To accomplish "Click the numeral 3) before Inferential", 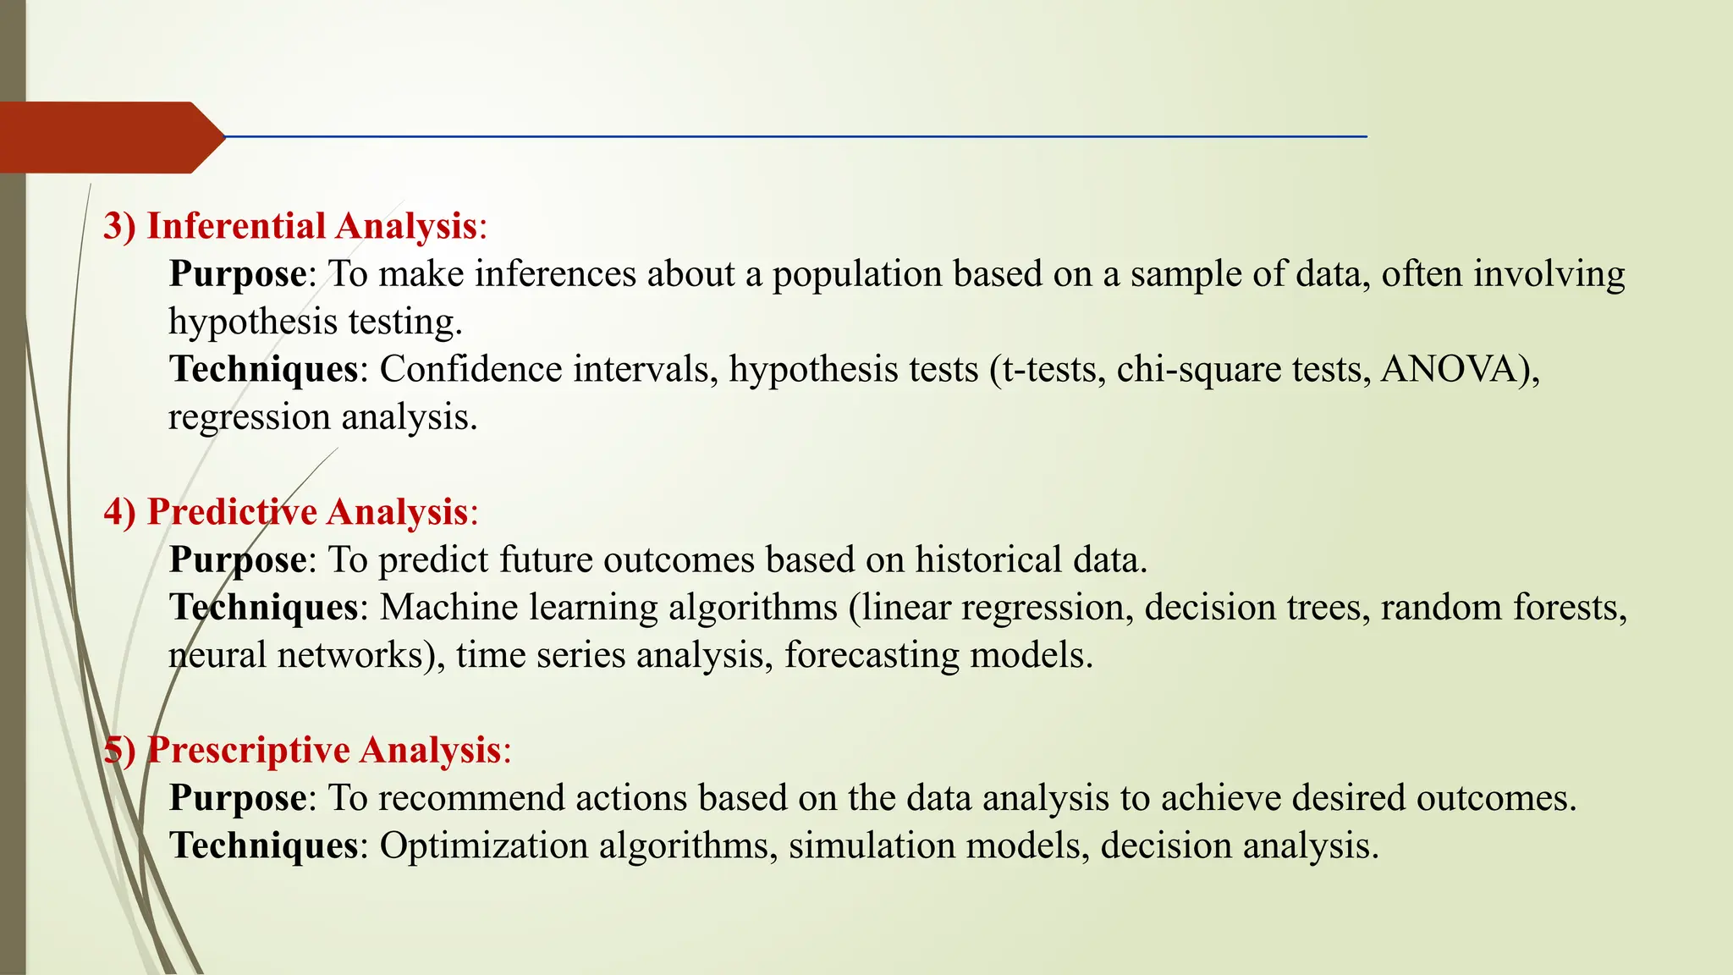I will pos(119,226).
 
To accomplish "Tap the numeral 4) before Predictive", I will pos(119,512).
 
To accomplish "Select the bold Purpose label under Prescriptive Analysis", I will pos(238,798).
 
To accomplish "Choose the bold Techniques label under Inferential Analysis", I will pos(263,370).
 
